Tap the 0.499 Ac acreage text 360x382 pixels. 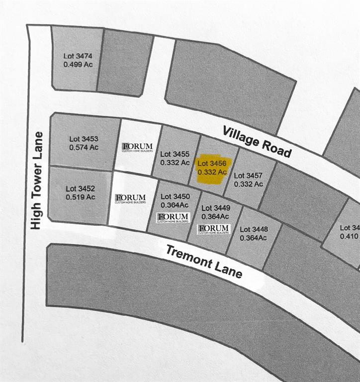(x=78, y=65)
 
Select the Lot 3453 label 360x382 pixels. (x=84, y=139)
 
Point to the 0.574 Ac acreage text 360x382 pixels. (x=84, y=147)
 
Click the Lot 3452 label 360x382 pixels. (x=80, y=189)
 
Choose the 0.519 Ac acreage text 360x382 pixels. (x=80, y=197)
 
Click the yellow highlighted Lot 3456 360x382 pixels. (x=212, y=168)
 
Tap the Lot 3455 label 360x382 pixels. (x=175, y=154)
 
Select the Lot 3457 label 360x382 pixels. (x=248, y=176)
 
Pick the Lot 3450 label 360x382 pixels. (x=175, y=197)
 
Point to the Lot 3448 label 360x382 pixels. (x=254, y=229)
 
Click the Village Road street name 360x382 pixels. (x=257, y=141)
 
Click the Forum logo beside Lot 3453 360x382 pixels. (x=138, y=147)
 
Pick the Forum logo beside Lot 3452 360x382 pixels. (x=130, y=198)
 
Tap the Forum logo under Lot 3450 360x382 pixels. (x=174, y=217)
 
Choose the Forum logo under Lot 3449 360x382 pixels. (x=214, y=229)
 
